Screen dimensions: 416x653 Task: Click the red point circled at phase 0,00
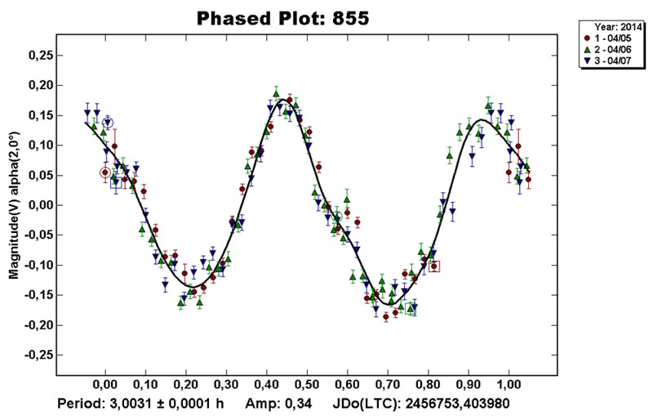(104, 172)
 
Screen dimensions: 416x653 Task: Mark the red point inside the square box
(434, 266)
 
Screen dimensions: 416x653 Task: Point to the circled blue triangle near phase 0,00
(107, 123)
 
